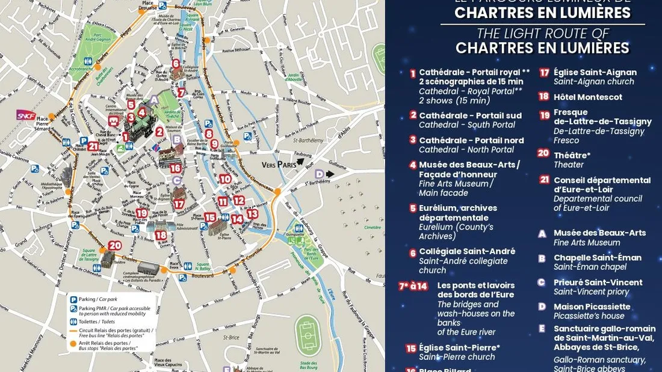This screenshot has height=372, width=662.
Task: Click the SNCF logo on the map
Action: (x=26, y=115)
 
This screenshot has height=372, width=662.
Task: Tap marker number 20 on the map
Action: (x=115, y=245)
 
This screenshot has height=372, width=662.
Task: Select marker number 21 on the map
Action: (x=93, y=146)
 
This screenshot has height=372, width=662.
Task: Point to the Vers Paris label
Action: (x=280, y=164)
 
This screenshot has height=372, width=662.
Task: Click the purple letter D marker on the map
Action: (x=320, y=174)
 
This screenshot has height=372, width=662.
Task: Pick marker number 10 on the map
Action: (x=225, y=178)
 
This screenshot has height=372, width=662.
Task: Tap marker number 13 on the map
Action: (x=252, y=213)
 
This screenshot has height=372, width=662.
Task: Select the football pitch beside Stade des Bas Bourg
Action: (x=309, y=335)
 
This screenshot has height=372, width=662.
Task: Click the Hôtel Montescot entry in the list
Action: (x=587, y=97)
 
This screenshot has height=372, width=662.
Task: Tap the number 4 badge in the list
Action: (x=413, y=165)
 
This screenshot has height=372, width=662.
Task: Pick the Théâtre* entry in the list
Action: (x=572, y=155)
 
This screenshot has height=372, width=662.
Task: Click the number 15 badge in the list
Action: (x=411, y=348)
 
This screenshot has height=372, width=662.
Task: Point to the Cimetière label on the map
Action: (x=373, y=228)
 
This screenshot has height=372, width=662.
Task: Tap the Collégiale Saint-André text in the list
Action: (x=466, y=251)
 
